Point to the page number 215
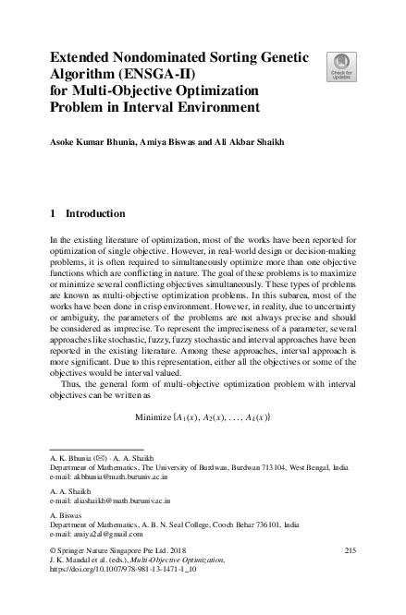[350, 551]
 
